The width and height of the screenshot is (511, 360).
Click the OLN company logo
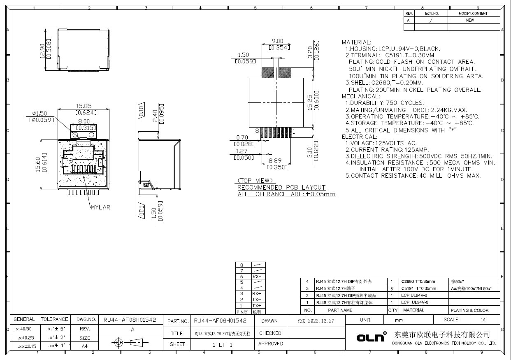(370, 337)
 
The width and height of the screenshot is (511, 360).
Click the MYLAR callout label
(100, 207)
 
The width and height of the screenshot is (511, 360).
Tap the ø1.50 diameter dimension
(39, 114)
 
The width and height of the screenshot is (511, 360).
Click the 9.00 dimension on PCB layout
(277, 41)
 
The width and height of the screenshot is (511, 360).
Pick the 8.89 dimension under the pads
(275, 161)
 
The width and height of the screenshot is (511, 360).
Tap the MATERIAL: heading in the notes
(356, 42)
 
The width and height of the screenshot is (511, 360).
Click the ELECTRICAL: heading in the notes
(359, 137)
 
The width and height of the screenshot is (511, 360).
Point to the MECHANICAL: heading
(360, 96)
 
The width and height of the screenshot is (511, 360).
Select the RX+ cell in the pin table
(257, 293)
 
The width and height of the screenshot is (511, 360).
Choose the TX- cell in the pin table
(257, 300)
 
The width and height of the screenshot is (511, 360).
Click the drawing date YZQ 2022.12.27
(316, 321)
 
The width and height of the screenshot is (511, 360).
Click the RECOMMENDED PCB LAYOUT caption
(281, 187)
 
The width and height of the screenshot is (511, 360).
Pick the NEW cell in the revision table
(470, 20)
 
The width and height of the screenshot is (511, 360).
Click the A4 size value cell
(84, 346)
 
